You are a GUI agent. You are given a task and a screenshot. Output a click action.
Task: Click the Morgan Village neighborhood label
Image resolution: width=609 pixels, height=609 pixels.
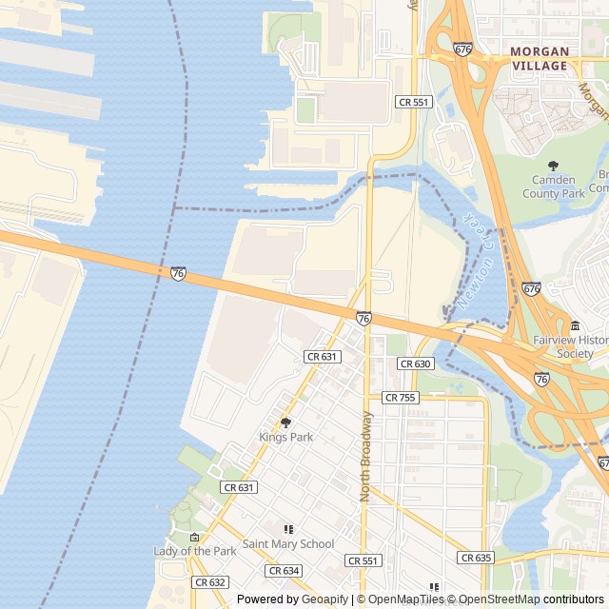[x=539, y=58]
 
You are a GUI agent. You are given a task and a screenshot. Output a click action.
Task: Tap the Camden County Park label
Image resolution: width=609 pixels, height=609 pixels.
[x=554, y=187]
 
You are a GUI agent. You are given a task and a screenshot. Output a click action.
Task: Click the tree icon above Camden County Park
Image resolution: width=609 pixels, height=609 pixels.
[x=554, y=166]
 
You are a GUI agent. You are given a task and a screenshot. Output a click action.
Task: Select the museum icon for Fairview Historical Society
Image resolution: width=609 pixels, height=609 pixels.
[x=575, y=326]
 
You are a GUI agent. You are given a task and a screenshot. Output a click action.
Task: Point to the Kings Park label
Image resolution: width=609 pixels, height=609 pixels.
[x=285, y=437]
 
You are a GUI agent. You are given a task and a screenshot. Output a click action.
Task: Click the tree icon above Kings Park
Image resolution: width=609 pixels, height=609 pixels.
[x=285, y=422]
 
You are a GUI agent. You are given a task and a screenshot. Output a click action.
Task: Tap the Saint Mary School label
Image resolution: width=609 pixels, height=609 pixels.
[x=288, y=544]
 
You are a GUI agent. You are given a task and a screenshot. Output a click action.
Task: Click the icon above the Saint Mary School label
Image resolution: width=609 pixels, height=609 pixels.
[x=288, y=529]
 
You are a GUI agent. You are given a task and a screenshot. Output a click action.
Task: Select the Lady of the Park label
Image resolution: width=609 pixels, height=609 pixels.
[x=195, y=551]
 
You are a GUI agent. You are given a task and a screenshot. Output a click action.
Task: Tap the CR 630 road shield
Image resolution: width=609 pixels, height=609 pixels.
[x=416, y=363]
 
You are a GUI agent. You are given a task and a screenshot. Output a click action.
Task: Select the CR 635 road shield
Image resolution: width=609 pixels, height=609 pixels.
[x=475, y=558]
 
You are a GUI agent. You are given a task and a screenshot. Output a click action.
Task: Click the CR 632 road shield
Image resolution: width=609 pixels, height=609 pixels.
[x=209, y=581]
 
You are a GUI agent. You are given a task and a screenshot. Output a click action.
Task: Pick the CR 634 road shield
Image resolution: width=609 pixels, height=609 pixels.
[x=284, y=571]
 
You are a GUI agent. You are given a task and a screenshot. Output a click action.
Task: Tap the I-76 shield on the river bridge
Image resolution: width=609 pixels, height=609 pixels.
[x=178, y=273]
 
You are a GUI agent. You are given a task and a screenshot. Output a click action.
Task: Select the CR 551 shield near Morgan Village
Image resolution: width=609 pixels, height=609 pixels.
[x=414, y=102]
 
